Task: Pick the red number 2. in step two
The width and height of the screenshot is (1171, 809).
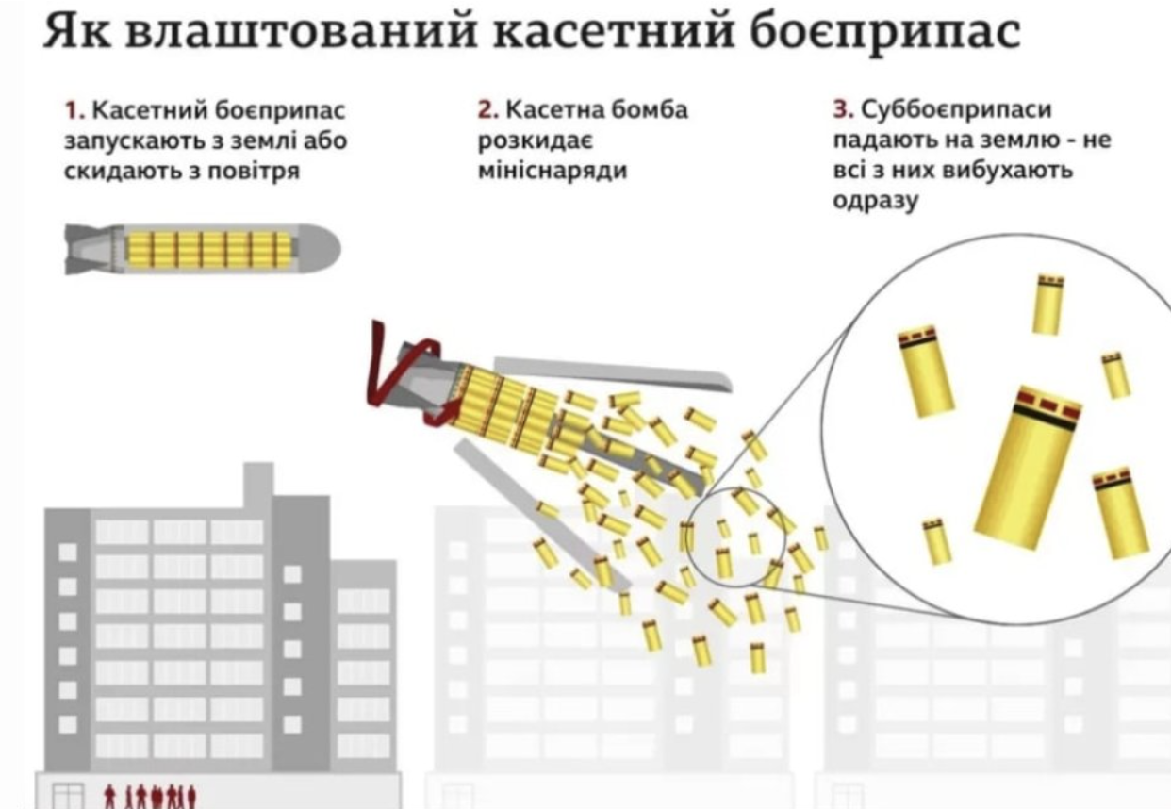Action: tap(487, 110)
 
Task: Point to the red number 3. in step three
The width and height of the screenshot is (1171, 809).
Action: tap(842, 110)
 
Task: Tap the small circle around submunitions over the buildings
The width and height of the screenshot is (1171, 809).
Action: tap(734, 538)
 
